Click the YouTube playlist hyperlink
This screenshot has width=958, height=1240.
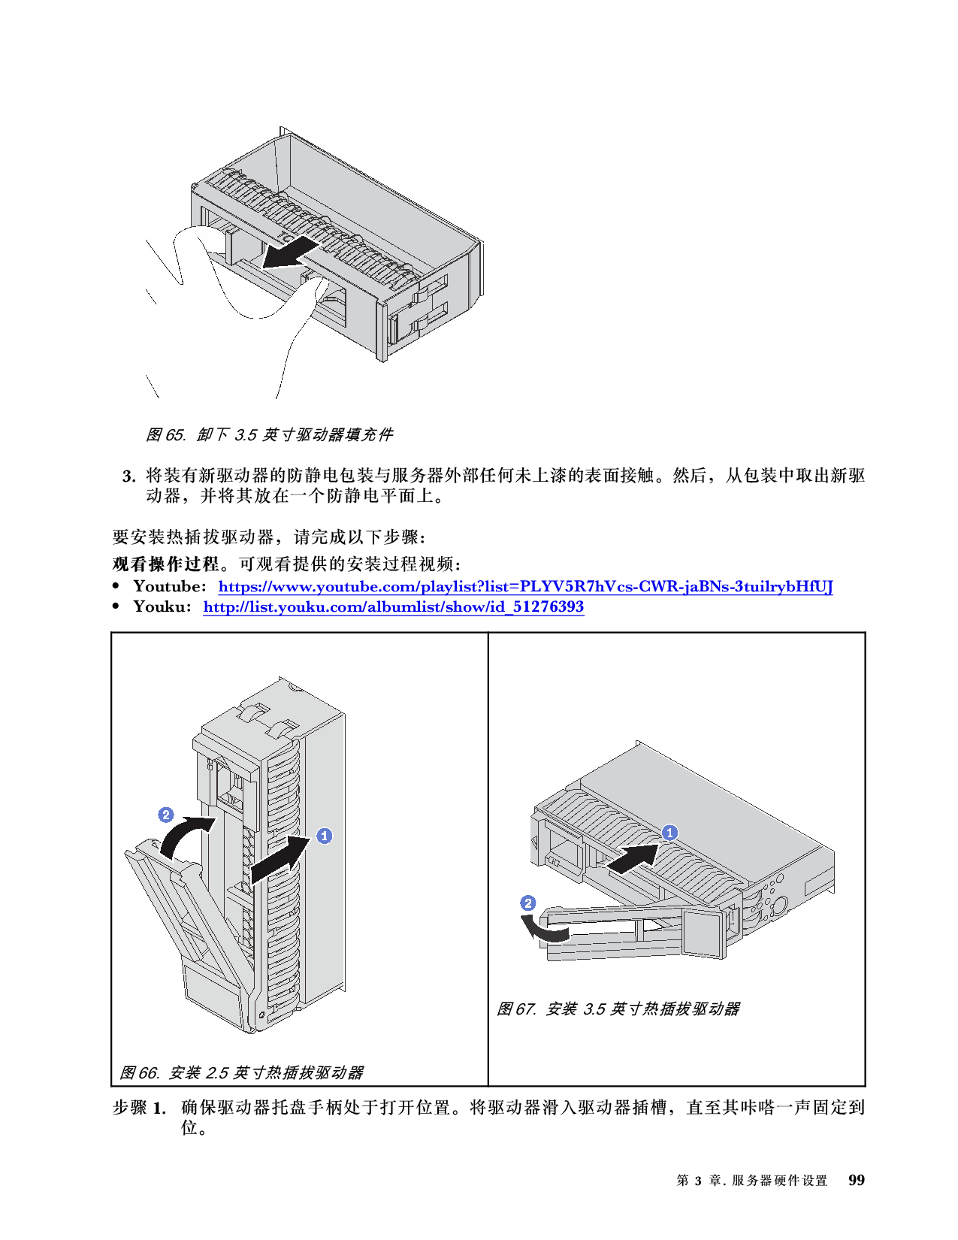coord(524,586)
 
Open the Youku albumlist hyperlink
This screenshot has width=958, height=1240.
coord(393,606)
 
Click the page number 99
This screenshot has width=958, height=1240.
coord(856,1180)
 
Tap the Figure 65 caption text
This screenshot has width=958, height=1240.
coord(269,434)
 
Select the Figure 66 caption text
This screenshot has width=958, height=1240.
coord(241,1072)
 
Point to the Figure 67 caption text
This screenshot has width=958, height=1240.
coord(618,1009)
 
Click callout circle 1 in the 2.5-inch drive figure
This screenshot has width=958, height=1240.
coord(324,836)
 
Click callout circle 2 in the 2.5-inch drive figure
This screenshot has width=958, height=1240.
coord(166,815)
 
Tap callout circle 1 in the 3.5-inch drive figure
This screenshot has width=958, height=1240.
coord(669,833)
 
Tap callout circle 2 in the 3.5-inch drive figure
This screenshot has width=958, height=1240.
coord(528,903)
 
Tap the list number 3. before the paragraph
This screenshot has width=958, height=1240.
coord(129,476)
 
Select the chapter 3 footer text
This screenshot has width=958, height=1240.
coord(751,1181)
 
